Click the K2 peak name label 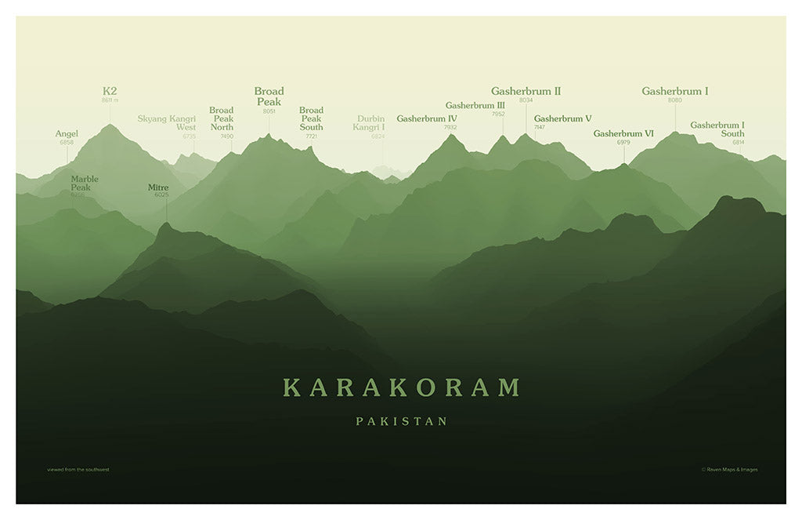[110, 91]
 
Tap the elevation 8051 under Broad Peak [269, 111]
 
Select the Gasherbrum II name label [526, 91]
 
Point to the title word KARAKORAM [402, 387]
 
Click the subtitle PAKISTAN [402, 421]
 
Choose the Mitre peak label [158, 187]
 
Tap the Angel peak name [67, 134]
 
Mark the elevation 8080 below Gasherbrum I [675, 100]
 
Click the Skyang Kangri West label [167, 123]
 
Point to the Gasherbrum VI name [623, 133]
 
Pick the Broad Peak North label [222, 118]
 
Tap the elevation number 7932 [450, 127]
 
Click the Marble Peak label [85, 184]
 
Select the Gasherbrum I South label [717, 129]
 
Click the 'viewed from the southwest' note [78, 470]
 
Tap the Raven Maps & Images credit [729, 470]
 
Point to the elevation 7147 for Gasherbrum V [540, 127]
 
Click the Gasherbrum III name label [475, 105]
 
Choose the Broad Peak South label [311, 118]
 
